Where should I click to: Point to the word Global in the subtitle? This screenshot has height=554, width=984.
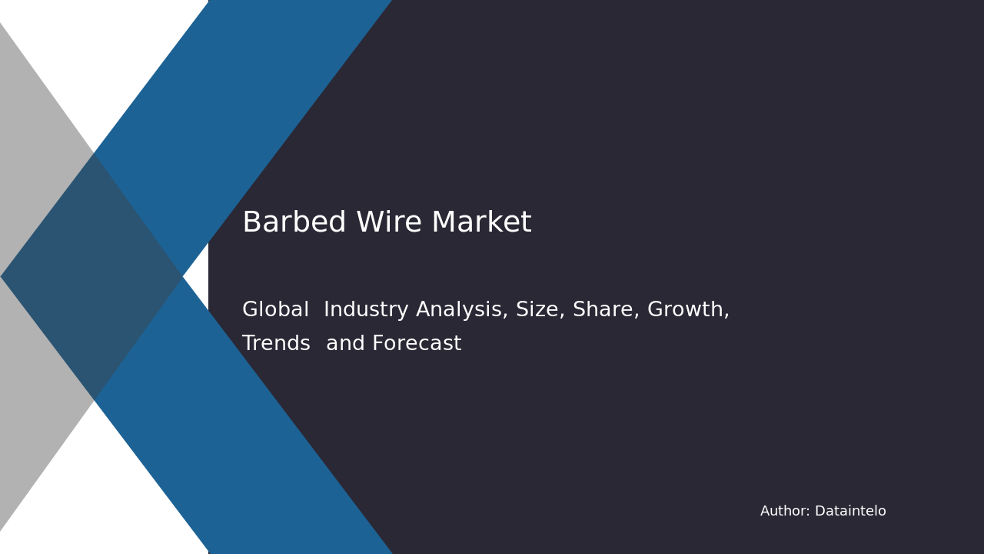[275, 310]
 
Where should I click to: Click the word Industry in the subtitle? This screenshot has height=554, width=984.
[366, 310]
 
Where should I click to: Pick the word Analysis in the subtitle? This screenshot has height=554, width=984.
[461, 310]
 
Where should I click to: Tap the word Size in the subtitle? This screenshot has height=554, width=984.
[538, 310]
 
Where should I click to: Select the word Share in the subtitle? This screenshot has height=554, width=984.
[603, 310]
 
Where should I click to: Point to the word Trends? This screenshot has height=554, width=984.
[276, 344]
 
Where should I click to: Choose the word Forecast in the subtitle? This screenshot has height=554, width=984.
[417, 344]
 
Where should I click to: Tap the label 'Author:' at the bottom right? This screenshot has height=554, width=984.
[785, 512]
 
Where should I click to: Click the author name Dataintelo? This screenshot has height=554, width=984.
[850, 512]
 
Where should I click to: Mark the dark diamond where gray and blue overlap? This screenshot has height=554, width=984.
[92, 276]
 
